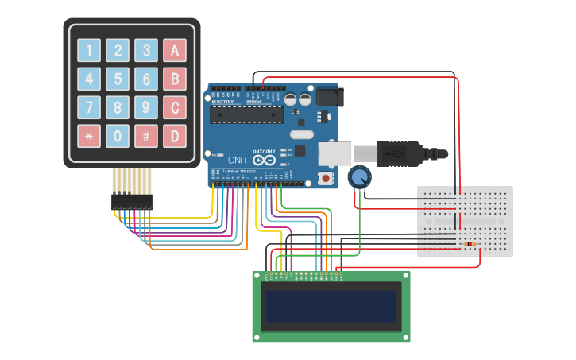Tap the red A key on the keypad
click(x=175, y=51)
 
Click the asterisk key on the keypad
click(x=89, y=136)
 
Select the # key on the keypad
click(x=146, y=136)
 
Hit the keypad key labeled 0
click(x=118, y=136)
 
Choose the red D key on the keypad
click(x=175, y=136)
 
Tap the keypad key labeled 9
click(x=146, y=107)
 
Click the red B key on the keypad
click(x=175, y=79)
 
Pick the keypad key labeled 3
click(x=146, y=51)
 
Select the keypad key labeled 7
click(x=89, y=107)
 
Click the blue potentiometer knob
click(x=360, y=176)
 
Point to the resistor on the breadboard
click(x=470, y=244)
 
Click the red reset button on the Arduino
click(x=326, y=178)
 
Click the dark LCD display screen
click(x=331, y=307)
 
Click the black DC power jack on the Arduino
click(x=327, y=96)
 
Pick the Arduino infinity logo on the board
click(x=261, y=151)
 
